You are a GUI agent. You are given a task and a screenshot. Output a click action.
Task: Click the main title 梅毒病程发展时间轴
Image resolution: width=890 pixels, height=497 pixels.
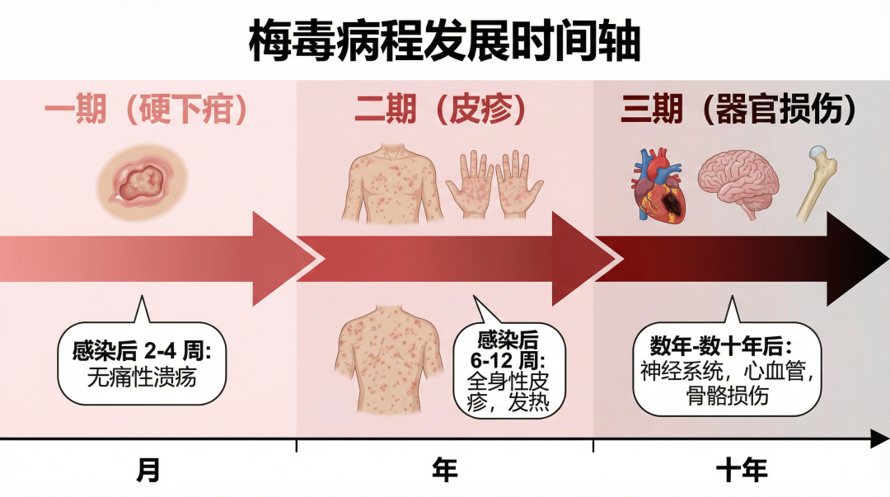tap(444, 42)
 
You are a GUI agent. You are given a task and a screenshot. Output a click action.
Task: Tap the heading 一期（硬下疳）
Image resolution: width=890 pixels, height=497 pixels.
tap(146, 110)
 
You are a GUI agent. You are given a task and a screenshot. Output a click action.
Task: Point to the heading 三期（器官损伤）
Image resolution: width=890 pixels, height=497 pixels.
tap(738, 110)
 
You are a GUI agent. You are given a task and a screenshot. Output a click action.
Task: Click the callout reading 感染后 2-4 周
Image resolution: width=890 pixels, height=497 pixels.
tap(142, 363)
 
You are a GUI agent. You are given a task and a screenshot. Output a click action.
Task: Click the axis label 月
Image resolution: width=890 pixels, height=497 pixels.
tap(148, 470)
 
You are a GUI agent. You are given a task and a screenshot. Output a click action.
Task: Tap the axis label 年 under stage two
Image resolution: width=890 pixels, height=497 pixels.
tap(444, 470)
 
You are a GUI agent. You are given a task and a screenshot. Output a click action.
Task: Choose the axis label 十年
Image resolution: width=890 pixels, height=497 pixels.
tap(741, 470)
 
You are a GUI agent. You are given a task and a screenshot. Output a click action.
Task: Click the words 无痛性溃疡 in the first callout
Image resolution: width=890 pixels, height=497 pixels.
tap(143, 378)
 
